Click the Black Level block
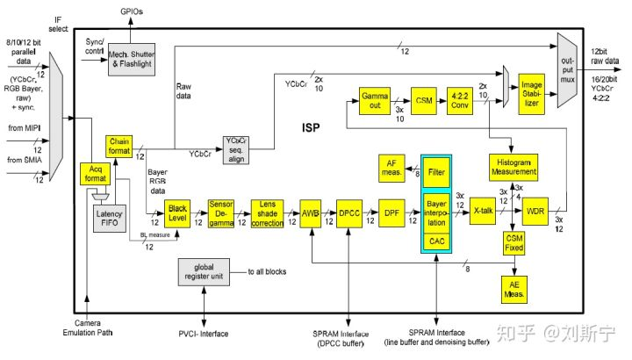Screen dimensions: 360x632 (x=178, y=212)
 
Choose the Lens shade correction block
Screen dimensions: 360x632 (x=268, y=212)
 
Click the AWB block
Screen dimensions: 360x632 (x=311, y=212)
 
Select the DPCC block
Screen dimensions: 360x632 (x=350, y=212)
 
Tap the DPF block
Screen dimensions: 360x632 (x=392, y=212)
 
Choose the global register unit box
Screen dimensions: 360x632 (x=204, y=270)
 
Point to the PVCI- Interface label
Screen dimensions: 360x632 (x=205, y=334)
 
